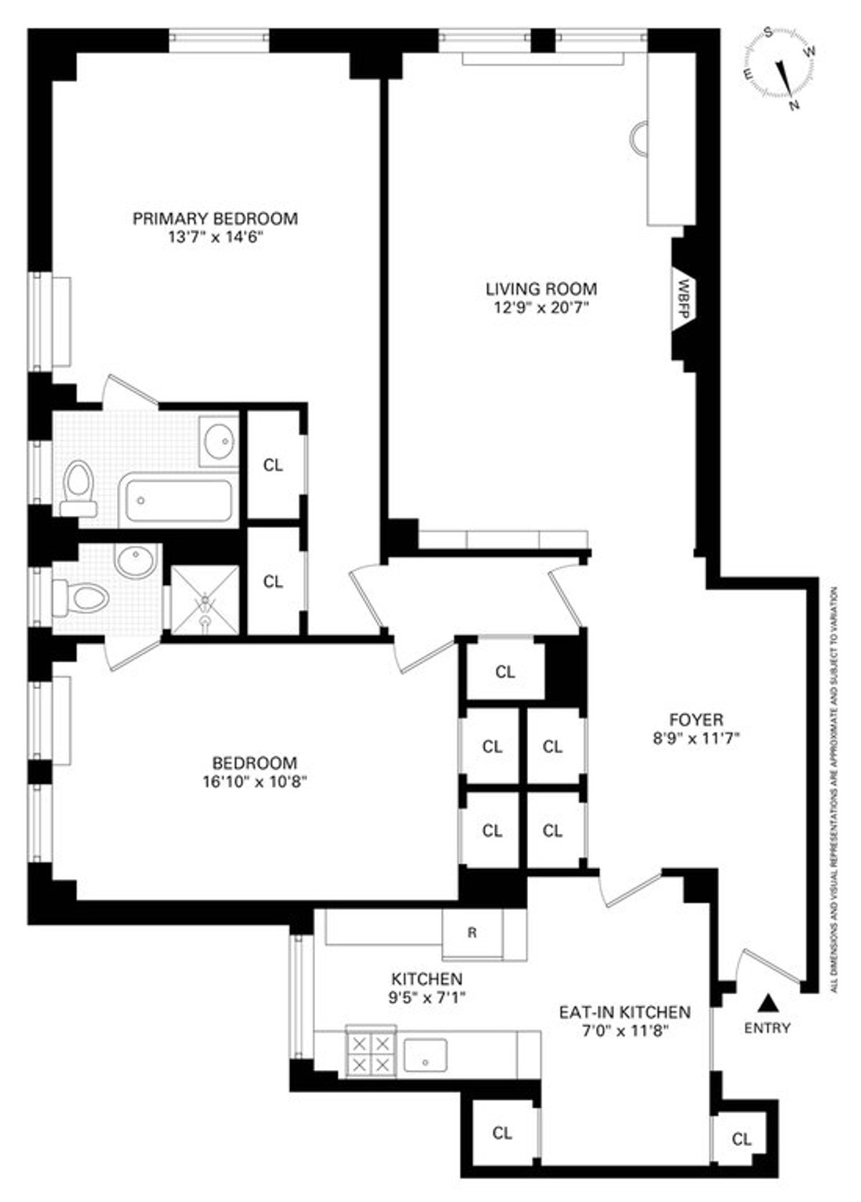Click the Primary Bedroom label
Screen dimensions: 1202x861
click(215, 218)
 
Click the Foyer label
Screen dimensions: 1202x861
click(695, 719)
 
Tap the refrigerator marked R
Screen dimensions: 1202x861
click(472, 933)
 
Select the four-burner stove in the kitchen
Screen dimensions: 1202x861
click(370, 1053)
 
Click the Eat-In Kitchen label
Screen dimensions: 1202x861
click(624, 1012)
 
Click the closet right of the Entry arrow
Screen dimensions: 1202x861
click(741, 1139)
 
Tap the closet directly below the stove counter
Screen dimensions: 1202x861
click(502, 1132)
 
